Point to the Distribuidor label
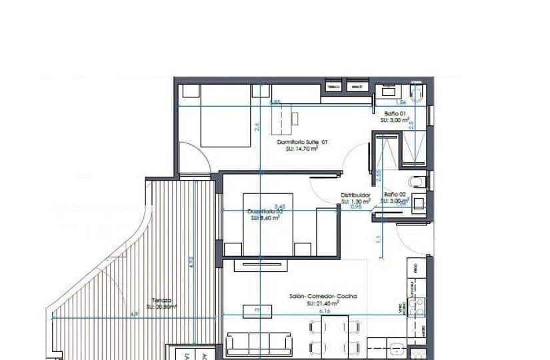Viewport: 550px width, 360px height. click(x=355, y=195)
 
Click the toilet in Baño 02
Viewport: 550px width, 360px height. click(x=417, y=179)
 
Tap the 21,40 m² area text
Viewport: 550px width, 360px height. click(x=323, y=303)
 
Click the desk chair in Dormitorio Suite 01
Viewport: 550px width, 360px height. click(x=295, y=118)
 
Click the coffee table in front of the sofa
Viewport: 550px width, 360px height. click(x=251, y=310)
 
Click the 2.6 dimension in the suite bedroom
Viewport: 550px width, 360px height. click(x=257, y=127)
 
